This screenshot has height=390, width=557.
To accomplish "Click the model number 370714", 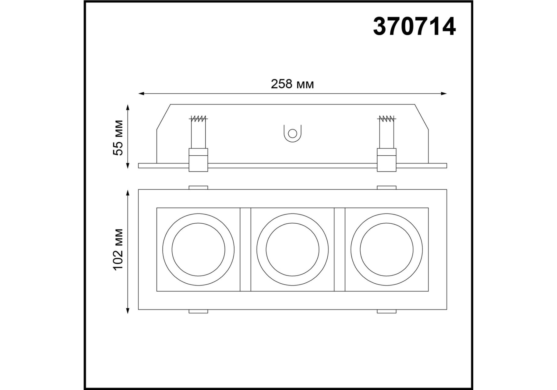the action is click(414, 27).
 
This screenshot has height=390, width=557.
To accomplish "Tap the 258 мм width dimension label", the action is click(292, 84).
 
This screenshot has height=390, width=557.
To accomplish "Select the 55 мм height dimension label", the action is click(118, 138).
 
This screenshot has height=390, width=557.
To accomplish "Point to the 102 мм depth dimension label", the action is click(118, 249).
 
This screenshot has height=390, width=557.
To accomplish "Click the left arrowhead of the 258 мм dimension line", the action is click(141, 94).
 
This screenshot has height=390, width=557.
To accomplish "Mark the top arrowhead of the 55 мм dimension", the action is click(128, 107).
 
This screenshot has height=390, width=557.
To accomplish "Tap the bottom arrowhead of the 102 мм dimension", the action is click(128, 310).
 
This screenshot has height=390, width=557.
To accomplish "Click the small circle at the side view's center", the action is click(292, 133).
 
